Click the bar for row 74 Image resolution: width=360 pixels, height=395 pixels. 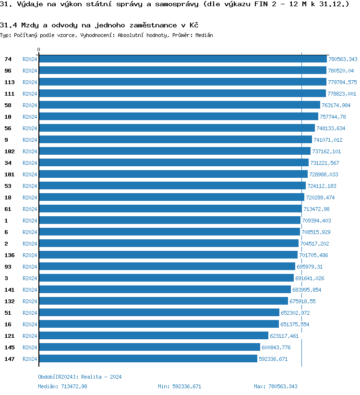click(x=182, y=59)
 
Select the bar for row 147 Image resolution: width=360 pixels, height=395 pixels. click(x=148, y=359)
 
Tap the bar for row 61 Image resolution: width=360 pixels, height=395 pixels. click(x=170, y=209)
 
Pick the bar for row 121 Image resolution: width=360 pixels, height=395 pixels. click(x=154, y=336)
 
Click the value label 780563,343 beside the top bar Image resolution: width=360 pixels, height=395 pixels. click(x=343, y=59)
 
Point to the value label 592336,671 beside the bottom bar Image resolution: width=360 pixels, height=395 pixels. click(x=273, y=359)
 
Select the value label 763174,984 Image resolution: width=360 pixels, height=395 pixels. click(x=336, y=105)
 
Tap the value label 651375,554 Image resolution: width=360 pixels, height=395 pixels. click(x=295, y=324)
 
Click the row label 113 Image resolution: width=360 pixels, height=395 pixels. click(x=10, y=82)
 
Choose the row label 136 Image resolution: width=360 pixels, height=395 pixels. click(x=10, y=255)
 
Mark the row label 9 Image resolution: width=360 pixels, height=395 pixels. click(x=6, y=140)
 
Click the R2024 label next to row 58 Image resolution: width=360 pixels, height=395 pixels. click(x=30, y=105)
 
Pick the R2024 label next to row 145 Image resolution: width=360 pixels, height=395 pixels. click(x=30, y=347)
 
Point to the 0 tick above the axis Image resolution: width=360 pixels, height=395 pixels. click(x=39, y=49)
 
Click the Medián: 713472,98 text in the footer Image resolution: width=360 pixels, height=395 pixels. click(x=62, y=386)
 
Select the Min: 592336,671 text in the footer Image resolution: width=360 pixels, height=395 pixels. click(x=180, y=386)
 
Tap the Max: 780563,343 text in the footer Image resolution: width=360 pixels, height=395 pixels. click(x=276, y=386)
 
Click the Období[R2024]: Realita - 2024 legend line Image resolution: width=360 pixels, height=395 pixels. click(x=80, y=377)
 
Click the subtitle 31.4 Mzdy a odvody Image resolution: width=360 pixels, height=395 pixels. click(x=99, y=25)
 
